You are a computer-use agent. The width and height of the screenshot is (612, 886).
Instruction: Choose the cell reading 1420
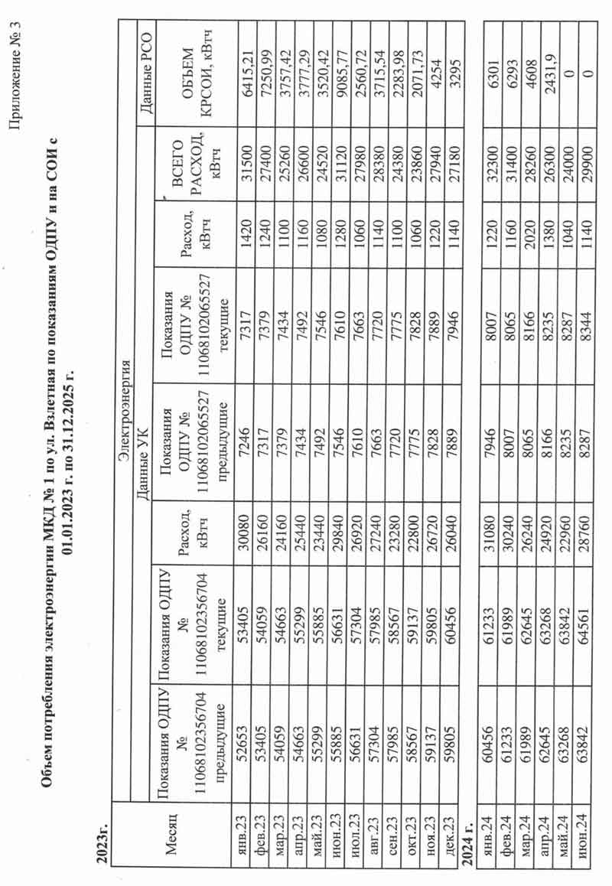(239, 267)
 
